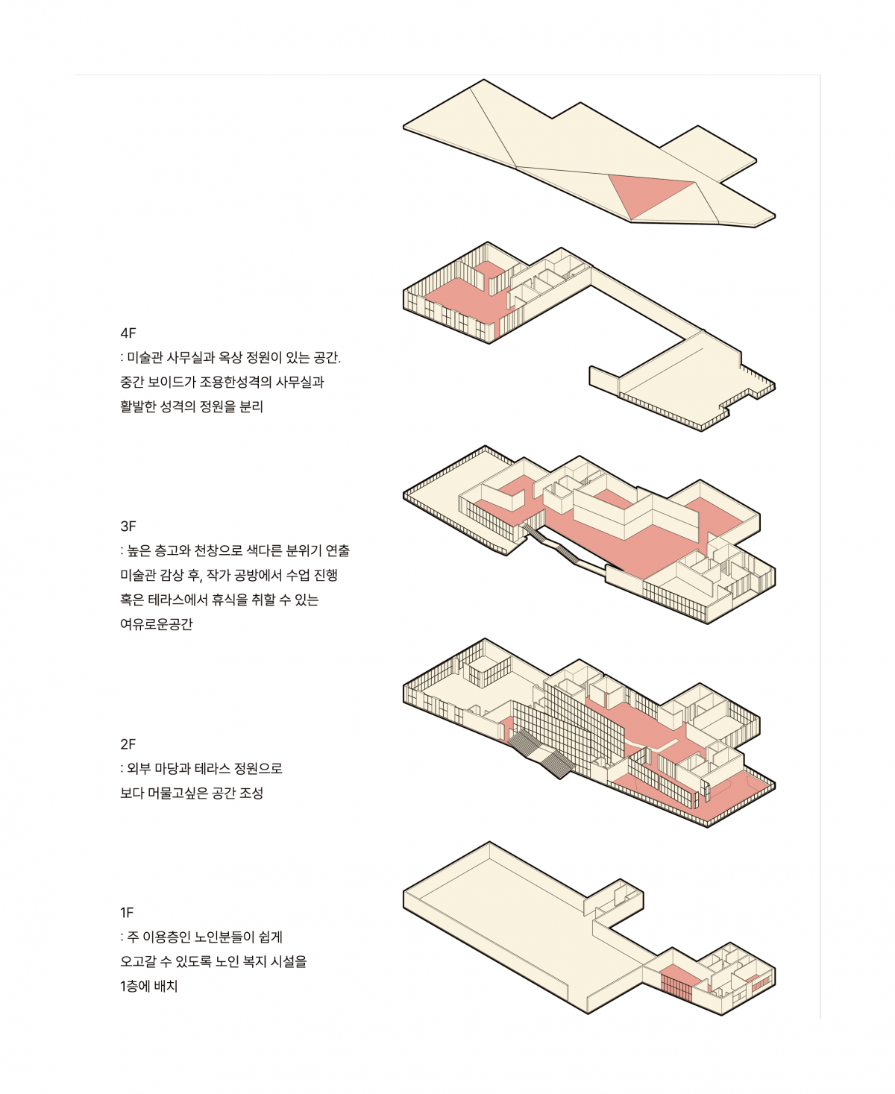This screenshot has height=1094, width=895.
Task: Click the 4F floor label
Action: [128, 333]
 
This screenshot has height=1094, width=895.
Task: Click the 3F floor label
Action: [128, 526]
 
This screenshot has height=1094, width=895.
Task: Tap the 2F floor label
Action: [128, 744]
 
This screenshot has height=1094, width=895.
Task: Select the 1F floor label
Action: [127, 913]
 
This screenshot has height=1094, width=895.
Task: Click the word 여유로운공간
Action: [156, 624]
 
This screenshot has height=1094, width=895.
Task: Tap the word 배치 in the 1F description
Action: [166, 986]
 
